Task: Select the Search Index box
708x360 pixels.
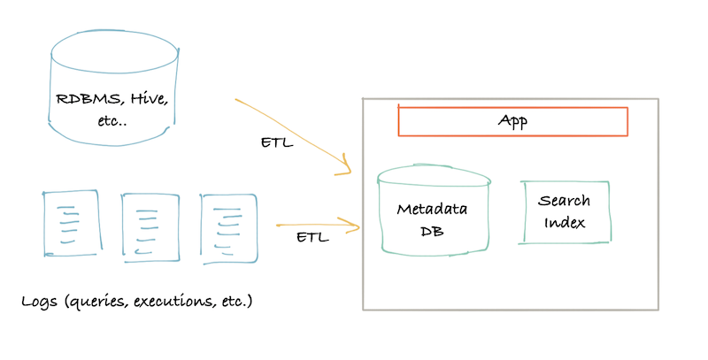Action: [x=566, y=212]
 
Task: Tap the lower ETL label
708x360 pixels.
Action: [x=312, y=238]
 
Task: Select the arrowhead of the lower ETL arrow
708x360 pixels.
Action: [x=357, y=226]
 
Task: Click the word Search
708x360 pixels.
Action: [x=565, y=202]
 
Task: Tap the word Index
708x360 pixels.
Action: [x=566, y=222]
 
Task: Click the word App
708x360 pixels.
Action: [x=512, y=121]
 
